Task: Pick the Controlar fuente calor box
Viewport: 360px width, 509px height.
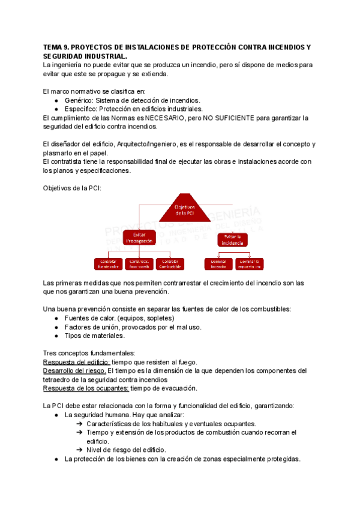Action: [x=108, y=264]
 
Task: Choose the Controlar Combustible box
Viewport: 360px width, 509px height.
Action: [x=170, y=264]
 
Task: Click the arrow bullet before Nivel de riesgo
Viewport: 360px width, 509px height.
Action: [x=80, y=450]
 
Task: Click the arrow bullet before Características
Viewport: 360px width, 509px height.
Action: [x=80, y=424]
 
